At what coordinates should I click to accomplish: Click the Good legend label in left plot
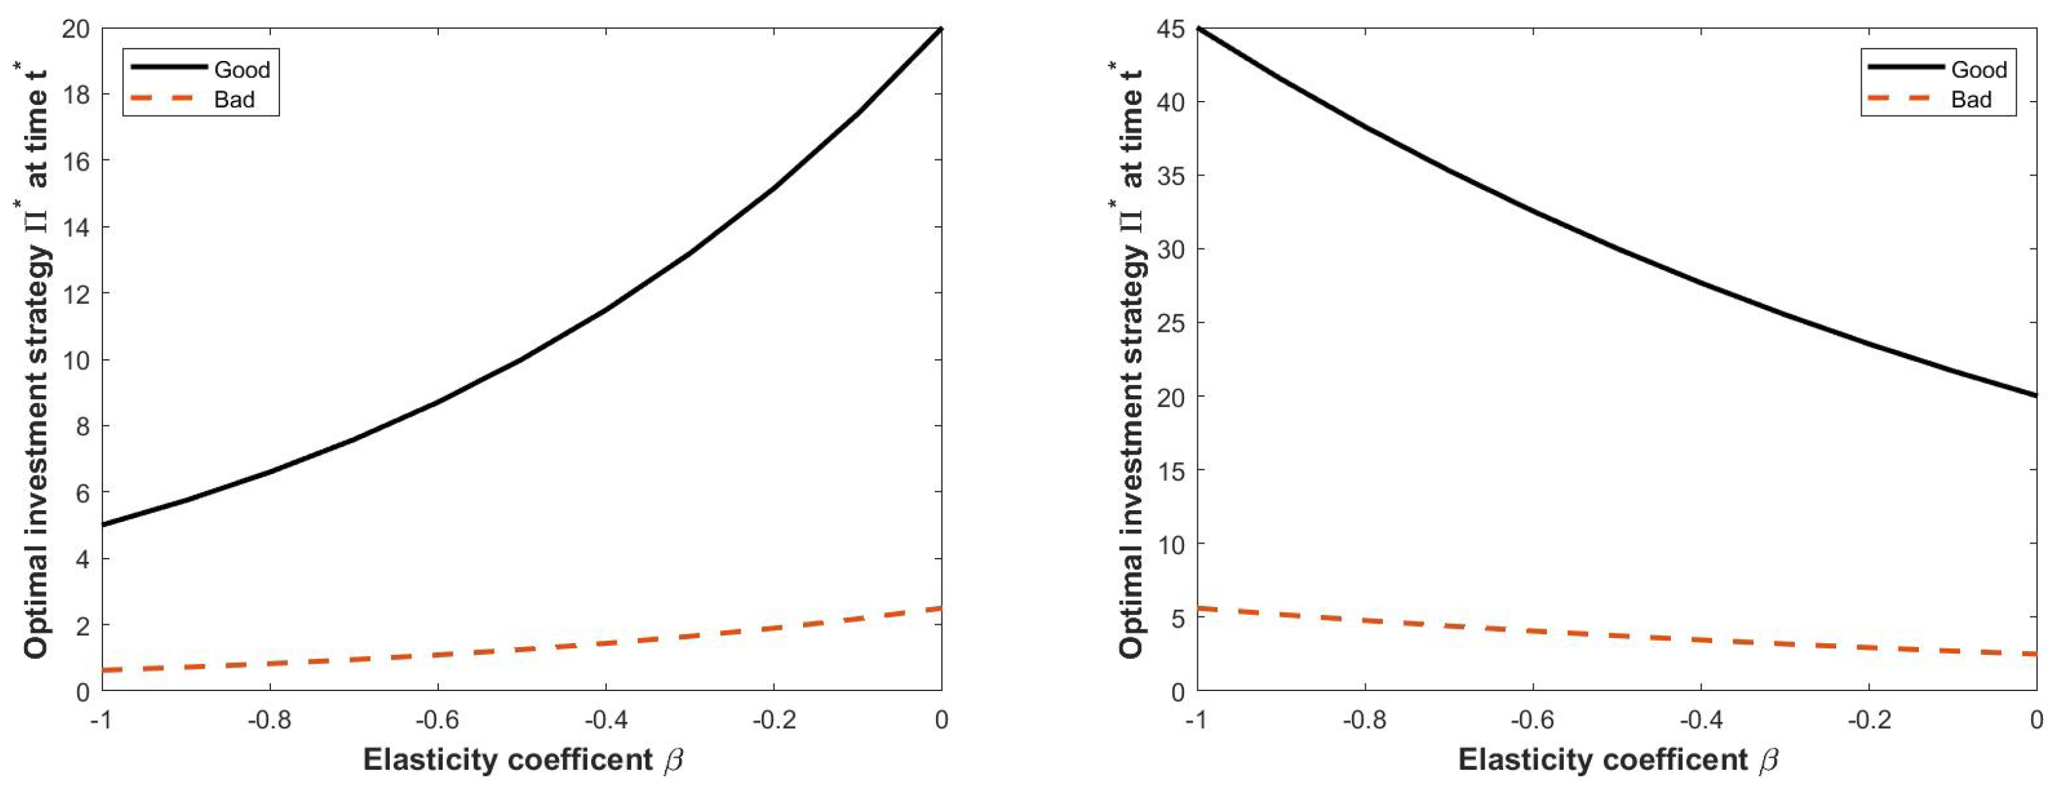click(241, 70)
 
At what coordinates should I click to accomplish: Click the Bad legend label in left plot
click(234, 100)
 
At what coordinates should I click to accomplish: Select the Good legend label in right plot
click(1979, 70)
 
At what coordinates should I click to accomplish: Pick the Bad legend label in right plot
click(1971, 100)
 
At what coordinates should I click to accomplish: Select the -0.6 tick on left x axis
click(437, 721)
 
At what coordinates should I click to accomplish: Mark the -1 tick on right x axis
click(1196, 721)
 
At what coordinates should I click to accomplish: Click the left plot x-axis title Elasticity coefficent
click(507, 761)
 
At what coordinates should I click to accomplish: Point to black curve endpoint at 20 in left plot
click(941, 30)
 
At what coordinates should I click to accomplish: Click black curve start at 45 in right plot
click(1199, 30)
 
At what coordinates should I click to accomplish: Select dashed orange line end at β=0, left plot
click(941, 608)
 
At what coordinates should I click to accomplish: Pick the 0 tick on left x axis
click(941, 721)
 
